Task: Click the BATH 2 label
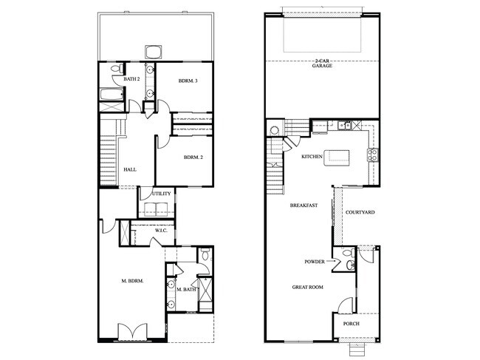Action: click(131, 79)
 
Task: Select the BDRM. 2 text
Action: click(193, 157)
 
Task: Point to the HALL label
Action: click(130, 170)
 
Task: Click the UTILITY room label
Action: click(162, 194)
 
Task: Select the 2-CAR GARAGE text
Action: click(322, 64)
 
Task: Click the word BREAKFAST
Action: click(304, 206)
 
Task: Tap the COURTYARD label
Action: click(360, 213)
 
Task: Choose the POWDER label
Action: click(315, 262)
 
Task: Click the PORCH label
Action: click(351, 322)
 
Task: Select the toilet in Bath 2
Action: click(115, 69)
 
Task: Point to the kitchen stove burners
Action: click(373, 155)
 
